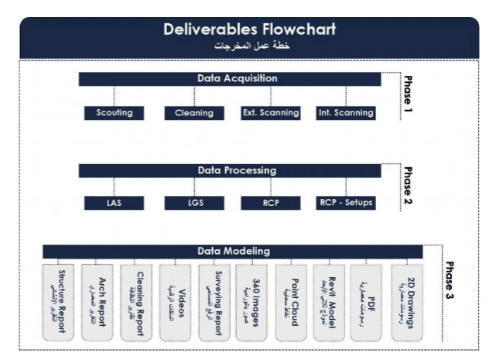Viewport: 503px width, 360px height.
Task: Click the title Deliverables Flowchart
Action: pyautogui.click(x=249, y=30)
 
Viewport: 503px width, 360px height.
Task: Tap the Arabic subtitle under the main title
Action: pyautogui.click(x=249, y=46)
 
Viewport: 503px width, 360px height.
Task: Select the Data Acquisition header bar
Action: pyautogui.click(x=229, y=79)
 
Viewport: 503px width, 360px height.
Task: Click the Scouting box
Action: pyautogui.click(x=115, y=113)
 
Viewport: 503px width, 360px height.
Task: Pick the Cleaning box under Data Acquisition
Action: pyautogui.click(x=193, y=113)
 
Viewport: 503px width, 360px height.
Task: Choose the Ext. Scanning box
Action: pyautogui.click(x=270, y=113)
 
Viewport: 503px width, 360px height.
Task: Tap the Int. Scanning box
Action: pyautogui.click(x=346, y=113)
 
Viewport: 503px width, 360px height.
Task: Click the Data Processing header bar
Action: pyautogui.click(x=229, y=170)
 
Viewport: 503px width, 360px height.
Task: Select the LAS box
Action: pyautogui.click(x=115, y=204)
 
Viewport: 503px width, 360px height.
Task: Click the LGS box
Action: pyautogui.click(x=193, y=204)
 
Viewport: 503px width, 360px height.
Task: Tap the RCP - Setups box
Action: pyautogui.click(x=346, y=204)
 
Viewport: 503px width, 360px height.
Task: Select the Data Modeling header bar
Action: pyautogui.click(x=232, y=251)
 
